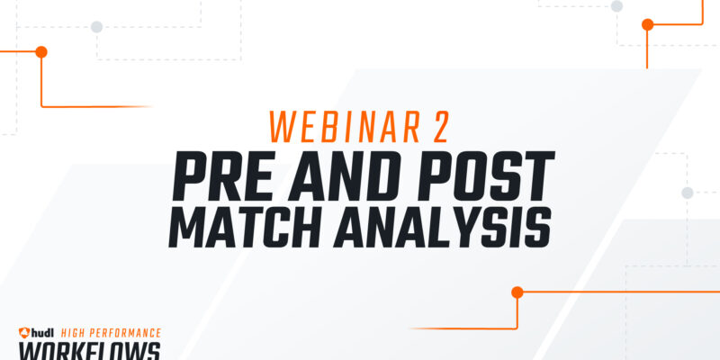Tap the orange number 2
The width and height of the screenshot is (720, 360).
tap(440, 127)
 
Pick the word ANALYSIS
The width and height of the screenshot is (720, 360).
tap(442, 228)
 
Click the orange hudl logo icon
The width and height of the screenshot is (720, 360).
tap(24, 332)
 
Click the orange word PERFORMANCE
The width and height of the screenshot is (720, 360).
tap(124, 333)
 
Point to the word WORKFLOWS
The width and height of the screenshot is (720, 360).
tap(89, 351)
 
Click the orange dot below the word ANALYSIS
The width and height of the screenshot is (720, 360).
tap(517, 292)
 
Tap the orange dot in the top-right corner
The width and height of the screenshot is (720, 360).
tap(647, 24)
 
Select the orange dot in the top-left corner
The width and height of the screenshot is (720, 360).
tap(41, 52)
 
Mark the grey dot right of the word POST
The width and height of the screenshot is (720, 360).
tap(687, 193)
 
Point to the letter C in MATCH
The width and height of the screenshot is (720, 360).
tap(274, 228)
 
